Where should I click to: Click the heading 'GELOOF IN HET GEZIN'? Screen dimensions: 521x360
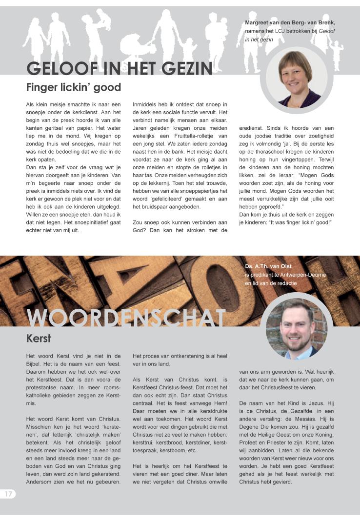pos(119,68)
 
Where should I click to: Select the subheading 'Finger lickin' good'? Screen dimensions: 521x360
pos(74,88)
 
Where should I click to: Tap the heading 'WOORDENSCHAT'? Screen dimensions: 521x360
pos(126,318)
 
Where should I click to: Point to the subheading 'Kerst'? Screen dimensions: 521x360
pos(39,338)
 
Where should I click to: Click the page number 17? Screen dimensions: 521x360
pos(8,494)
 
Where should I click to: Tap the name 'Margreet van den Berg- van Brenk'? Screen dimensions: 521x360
pos(290,22)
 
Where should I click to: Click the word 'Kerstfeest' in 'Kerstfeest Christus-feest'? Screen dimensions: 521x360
pos(148,387)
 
